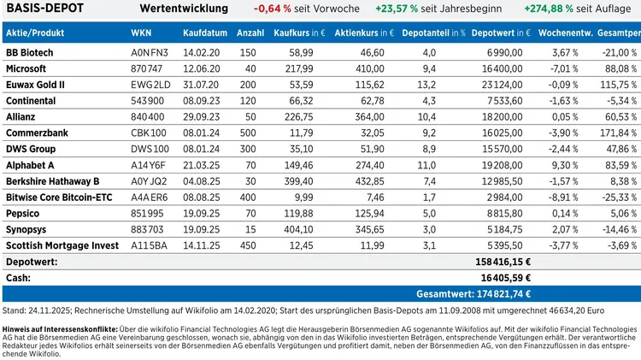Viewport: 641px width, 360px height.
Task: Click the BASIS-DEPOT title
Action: pyautogui.click(x=45, y=9)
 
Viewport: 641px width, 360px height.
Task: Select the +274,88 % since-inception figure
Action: pyautogui.click(x=550, y=9)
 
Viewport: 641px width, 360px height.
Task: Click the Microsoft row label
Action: pyautogui.click(x=26, y=67)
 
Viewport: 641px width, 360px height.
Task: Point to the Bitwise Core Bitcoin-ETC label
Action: pyautogui.click(x=57, y=198)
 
